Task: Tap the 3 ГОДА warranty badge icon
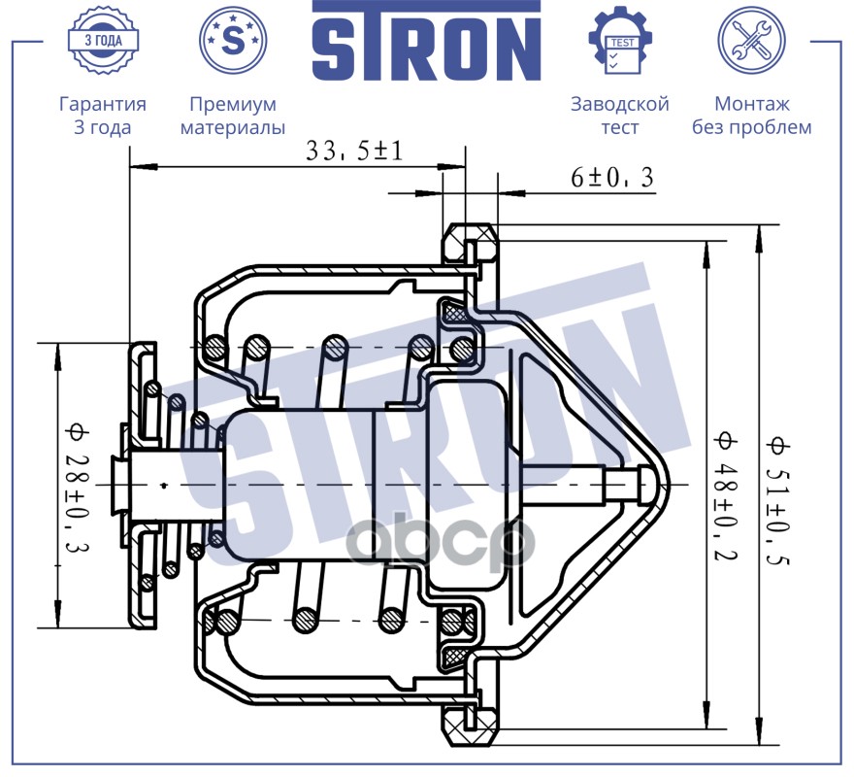pyautogui.click(x=102, y=40)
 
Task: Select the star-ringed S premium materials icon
pyautogui.click(x=232, y=40)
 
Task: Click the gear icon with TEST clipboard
pyautogui.click(x=620, y=40)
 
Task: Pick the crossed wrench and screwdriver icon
pyautogui.click(x=751, y=40)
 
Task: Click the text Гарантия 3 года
pyautogui.click(x=103, y=116)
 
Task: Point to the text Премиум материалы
pyautogui.click(x=233, y=116)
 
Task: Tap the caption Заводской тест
pyautogui.click(x=620, y=116)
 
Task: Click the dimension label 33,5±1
pyautogui.click(x=353, y=151)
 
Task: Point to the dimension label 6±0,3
pyautogui.click(x=611, y=177)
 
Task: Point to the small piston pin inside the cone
pyautogui.click(x=621, y=481)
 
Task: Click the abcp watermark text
pyautogui.click(x=442, y=544)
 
